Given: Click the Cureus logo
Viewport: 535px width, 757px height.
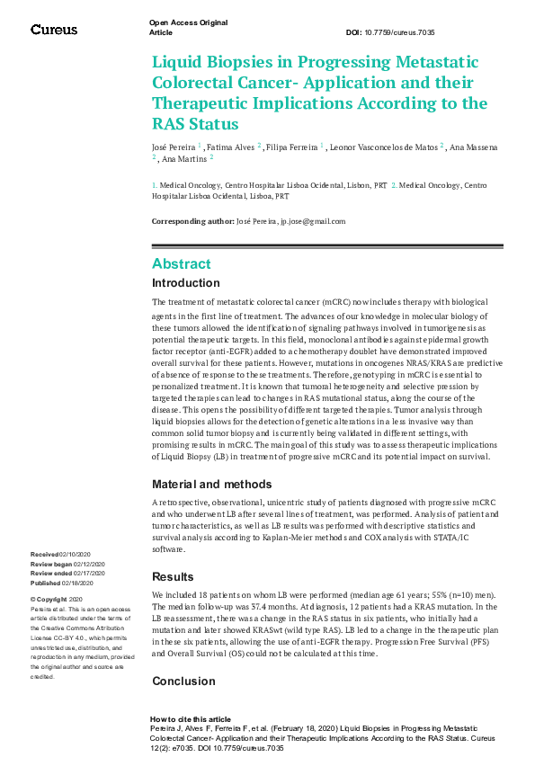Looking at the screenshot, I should pyautogui.click(x=54, y=30).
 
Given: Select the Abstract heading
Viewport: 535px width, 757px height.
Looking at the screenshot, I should pyautogui.click(x=181, y=263).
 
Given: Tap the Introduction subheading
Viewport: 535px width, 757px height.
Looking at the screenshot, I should pyautogui.click(x=185, y=283).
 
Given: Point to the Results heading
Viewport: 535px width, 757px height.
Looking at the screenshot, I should pyautogui.click(x=173, y=576).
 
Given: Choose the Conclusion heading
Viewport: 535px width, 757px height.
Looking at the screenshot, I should pyautogui.click(x=183, y=681).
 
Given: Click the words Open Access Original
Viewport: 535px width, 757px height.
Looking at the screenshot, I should pyautogui.click(x=188, y=22).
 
